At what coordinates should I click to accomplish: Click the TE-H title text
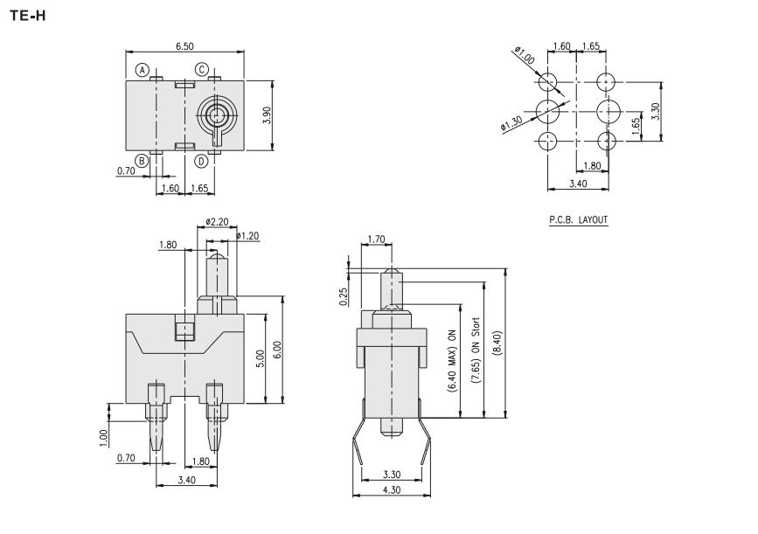point(28,16)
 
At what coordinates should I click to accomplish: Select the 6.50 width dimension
point(184,46)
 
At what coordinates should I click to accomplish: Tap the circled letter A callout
point(142,70)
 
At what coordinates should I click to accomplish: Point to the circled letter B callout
point(142,161)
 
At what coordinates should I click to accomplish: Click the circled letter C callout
point(202,70)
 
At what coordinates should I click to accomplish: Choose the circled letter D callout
point(202,161)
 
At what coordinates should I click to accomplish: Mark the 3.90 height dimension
point(267,115)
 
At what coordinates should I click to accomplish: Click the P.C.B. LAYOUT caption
point(578,220)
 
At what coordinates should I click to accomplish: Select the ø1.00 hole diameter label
point(525,55)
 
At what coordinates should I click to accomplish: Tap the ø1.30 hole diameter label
point(511,124)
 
